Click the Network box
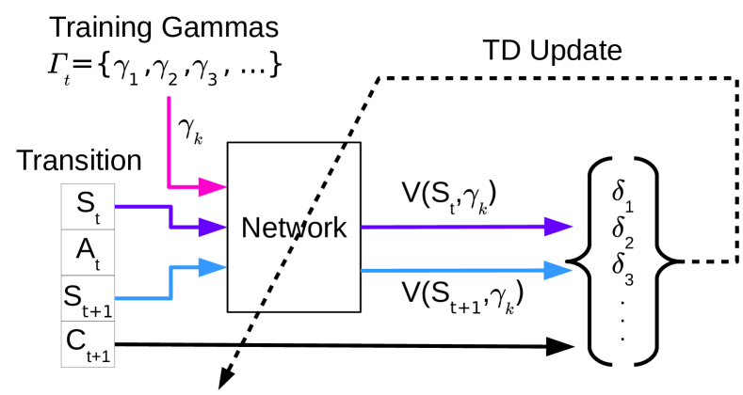[x=293, y=227]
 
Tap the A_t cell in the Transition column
[x=89, y=250]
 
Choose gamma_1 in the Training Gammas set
[x=122, y=68]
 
